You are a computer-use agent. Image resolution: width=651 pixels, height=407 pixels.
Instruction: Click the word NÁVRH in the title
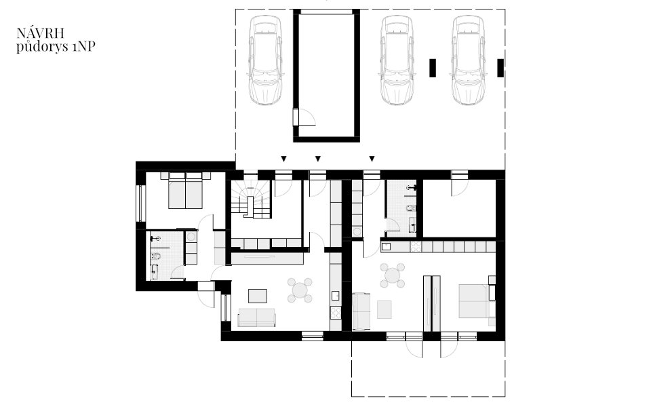point(40,33)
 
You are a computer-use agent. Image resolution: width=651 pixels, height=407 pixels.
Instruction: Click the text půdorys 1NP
point(56,47)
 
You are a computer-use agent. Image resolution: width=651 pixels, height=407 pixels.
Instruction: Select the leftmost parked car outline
point(264,60)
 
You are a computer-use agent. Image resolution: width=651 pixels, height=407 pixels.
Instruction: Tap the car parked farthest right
point(469,60)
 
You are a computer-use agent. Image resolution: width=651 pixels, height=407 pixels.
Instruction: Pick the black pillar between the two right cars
point(433,68)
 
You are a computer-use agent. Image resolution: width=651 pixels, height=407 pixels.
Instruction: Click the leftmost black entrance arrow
point(283,159)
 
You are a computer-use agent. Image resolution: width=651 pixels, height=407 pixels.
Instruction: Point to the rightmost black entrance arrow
point(372,159)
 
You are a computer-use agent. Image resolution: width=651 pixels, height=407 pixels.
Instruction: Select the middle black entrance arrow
point(318,159)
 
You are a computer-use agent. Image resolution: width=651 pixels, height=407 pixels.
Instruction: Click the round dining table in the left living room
point(300,290)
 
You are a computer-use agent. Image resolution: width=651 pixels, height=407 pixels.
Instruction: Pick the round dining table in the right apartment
point(393,275)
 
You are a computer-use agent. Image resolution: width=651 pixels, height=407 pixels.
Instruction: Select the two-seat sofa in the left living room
point(256,317)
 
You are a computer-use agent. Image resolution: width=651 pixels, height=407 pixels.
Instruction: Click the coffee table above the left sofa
point(258,296)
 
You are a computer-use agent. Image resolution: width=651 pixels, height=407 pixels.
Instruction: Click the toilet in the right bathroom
point(411,208)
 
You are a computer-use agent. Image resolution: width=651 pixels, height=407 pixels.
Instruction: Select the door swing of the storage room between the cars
point(307,117)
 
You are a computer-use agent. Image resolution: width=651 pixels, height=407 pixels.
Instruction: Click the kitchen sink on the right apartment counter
point(386,246)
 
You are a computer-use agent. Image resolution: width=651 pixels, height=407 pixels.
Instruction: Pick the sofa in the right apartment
point(361,311)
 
